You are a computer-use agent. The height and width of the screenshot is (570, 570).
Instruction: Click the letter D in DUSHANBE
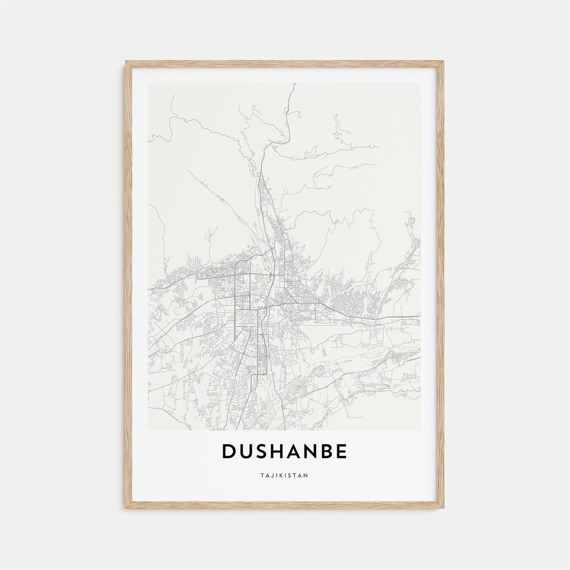tap(230, 451)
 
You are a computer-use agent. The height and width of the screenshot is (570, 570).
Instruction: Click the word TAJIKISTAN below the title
tap(284, 475)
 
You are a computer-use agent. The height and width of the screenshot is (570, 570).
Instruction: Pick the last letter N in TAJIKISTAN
tap(306, 475)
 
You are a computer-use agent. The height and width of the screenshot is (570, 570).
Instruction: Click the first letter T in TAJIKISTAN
tap(262, 475)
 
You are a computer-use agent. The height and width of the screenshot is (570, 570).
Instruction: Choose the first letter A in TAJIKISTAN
tap(267, 475)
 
